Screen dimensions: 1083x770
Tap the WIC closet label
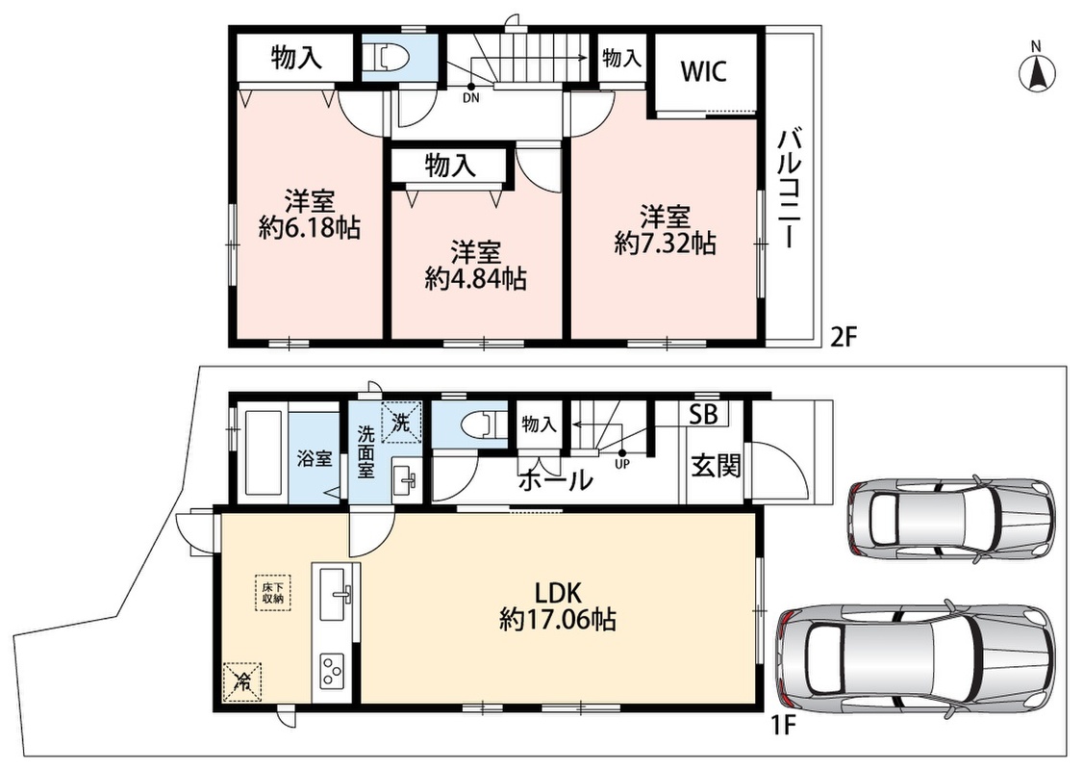[x=704, y=71]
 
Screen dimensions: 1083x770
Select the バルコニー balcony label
[x=790, y=188]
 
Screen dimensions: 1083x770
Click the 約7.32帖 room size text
[x=666, y=243]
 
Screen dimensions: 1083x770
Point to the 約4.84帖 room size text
[x=476, y=278]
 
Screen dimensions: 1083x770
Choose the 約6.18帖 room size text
[x=310, y=227]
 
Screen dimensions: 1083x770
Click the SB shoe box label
[x=704, y=414]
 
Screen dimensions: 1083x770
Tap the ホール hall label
[x=555, y=479]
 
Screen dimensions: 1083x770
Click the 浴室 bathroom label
[x=315, y=458]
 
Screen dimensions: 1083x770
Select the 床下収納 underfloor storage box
[x=272, y=592]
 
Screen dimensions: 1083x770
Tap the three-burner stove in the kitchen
[x=332, y=668]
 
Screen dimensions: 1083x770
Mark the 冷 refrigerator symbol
[x=242, y=681]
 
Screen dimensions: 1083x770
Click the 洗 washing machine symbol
[x=401, y=421]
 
